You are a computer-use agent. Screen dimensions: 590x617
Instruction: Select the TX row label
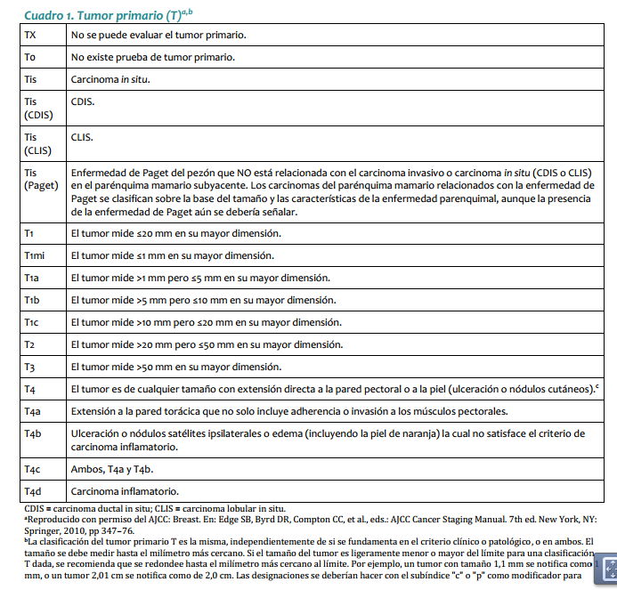pos(31,35)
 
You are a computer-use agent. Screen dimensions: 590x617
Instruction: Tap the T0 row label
pos(31,57)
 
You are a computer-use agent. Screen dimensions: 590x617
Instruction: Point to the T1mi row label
pos(37,256)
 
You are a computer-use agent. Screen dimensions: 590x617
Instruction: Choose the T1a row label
pos(32,278)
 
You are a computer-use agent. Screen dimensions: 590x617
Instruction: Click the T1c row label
pos(32,322)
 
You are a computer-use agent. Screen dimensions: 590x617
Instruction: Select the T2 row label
pos(30,344)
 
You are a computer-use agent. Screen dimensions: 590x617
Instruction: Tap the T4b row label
pos(33,433)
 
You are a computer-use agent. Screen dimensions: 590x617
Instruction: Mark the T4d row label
pos(33,490)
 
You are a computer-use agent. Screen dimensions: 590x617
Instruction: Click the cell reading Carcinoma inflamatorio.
pos(125,490)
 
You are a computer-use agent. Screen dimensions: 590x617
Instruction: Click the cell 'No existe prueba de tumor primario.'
pos(153,57)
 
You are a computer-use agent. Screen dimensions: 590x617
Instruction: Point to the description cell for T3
pos(175,367)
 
